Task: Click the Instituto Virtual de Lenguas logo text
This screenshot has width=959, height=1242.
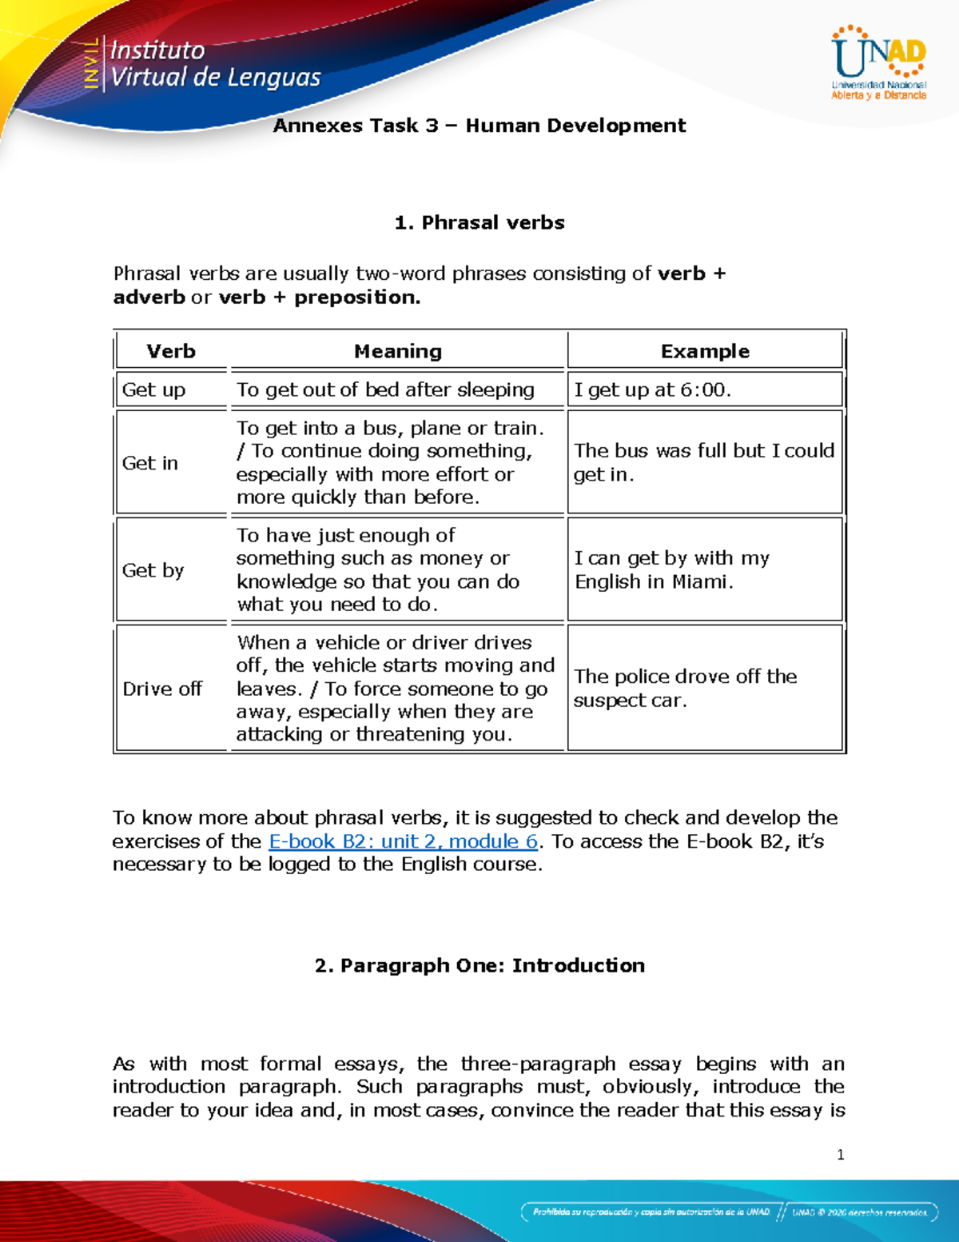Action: click(x=214, y=64)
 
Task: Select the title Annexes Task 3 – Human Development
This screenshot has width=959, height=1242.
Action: click(x=479, y=126)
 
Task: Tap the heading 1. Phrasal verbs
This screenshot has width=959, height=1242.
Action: click(x=479, y=222)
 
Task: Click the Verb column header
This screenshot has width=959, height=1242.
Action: click(x=171, y=351)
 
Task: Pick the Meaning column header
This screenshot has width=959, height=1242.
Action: click(x=397, y=351)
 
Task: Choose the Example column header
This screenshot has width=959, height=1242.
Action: click(x=704, y=351)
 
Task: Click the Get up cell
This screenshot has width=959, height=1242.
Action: click(x=153, y=389)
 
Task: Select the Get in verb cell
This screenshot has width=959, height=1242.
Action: click(x=150, y=463)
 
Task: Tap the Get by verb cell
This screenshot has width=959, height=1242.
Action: click(x=153, y=570)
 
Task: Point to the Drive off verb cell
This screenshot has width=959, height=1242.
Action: click(x=162, y=689)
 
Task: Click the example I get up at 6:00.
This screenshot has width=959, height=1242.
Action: click(x=652, y=389)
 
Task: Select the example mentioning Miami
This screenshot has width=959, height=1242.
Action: click(x=671, y=569)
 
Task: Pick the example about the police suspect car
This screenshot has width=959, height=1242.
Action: click(x=685, y=688)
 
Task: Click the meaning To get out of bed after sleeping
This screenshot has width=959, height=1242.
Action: click(x=385, y=389)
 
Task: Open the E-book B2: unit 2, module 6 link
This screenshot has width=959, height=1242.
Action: click(x=403, y=841)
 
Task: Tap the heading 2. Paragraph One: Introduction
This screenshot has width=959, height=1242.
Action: click(x=479, y=965)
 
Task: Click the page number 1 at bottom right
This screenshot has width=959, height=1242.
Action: click(x=840, y=1154)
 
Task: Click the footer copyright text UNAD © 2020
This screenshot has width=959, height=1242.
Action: click(x=860, y=1212)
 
